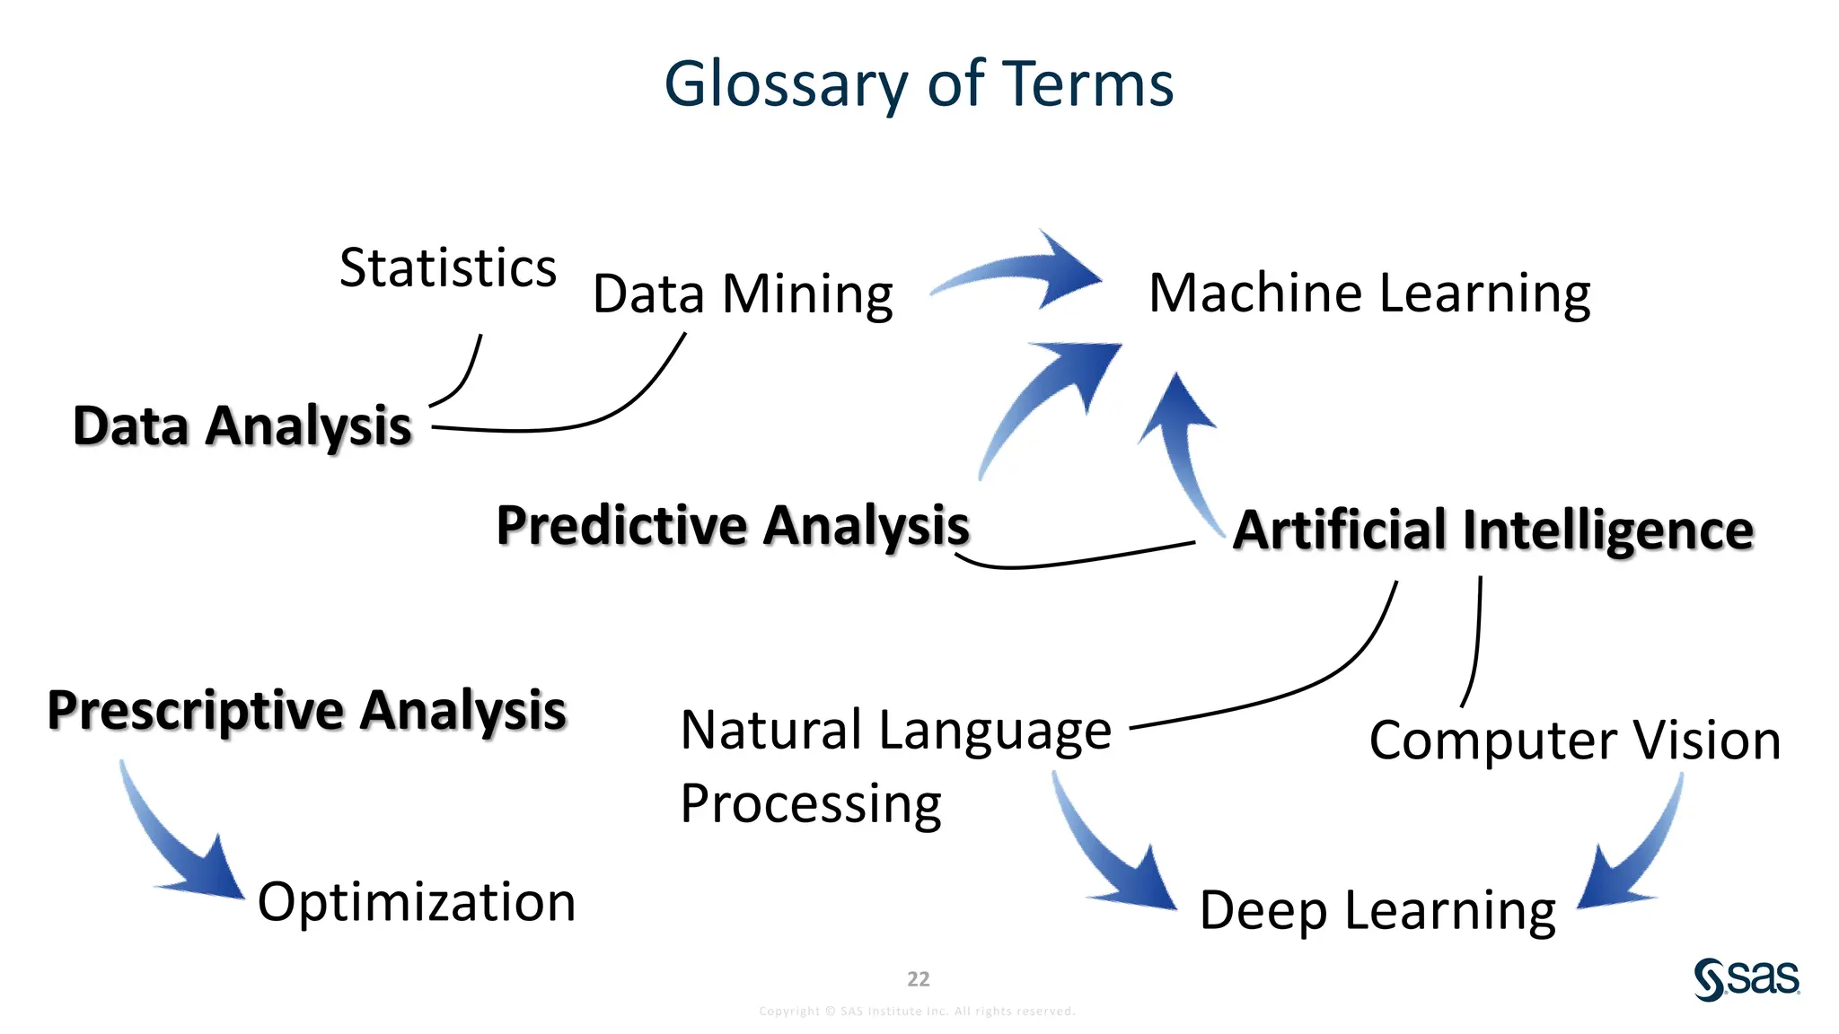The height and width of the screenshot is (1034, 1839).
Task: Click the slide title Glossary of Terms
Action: click(919, 83)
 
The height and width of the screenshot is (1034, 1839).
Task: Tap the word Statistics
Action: click(448, 267)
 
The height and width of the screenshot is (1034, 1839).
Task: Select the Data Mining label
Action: click(743, 294)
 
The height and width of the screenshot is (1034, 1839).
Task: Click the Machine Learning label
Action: click(1369, 293)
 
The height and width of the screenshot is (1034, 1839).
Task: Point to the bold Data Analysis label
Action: click(242, 425)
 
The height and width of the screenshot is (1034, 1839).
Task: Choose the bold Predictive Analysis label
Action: click(733, 525)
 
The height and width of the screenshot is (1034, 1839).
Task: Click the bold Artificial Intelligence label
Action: click(1492, 530)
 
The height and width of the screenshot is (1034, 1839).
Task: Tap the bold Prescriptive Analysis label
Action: click(307, 710)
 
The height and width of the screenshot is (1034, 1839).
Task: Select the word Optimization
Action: click(417, 901)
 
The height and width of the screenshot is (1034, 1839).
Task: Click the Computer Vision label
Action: click(1575, 740)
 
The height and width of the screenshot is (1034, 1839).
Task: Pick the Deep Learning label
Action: click(1377, 910)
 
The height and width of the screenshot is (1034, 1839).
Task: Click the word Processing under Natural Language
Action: click(810, 802)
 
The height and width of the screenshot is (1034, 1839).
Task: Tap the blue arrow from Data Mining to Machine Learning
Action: click(1024, 271)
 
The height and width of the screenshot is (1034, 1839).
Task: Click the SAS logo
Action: click(1747, 978)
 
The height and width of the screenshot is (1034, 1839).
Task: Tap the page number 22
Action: click(919, 978)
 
